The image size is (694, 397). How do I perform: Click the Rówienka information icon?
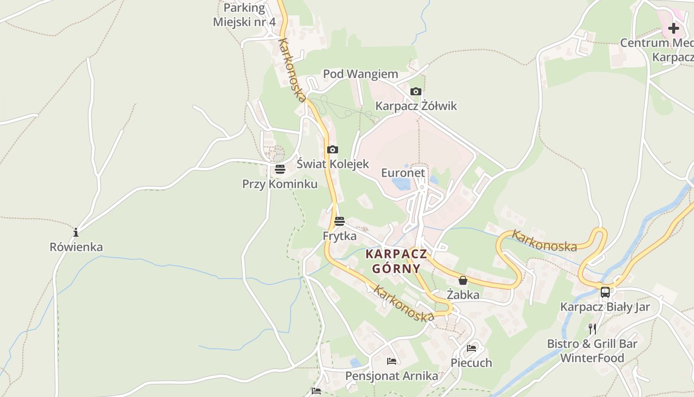pyautogui.click(x=76, y=232)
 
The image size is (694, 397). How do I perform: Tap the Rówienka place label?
pyautogui.click(x=76, y=247)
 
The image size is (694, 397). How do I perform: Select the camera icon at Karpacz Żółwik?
pyautogui.click(x=416, y=91)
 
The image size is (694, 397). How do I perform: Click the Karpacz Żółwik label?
pyautogui.click(x=416, y=106)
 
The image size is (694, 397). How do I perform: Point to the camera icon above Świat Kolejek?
pyautogui.click(x=333, y=149)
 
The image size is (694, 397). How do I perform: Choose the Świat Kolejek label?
pyautogui.click(x=333, y=164)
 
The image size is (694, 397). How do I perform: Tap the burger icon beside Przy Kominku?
pyautogui.click(x=280, y=169)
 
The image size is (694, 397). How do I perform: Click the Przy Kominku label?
pyautogui.click(x=280, y=184)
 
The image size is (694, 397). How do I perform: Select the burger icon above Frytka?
pyautogui.click(x=340, y=221)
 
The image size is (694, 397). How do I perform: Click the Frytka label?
pyautogui.click(x=340, y=236)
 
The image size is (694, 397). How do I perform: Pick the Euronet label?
pyautogui.click(x=403, y=173)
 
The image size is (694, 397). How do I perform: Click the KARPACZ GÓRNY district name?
pyautogui.click(x=396, y=262)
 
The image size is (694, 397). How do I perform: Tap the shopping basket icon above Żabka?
pyautogui.click(x=463, y=280)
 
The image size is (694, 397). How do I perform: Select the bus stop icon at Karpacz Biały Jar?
pyautogui.click(x=605, y=292)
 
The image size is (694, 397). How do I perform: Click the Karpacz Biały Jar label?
pyautogui.click(x=605, y=307)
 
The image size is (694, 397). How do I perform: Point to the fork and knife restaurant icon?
pyautogui.click(x=592, y=329)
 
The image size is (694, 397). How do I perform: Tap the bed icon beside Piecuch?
pyautogui.click(x=471, y=348)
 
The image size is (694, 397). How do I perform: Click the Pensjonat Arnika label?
pyautogui.click(x=392, y=376)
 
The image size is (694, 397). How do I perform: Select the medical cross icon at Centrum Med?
pyautogui.click(x=674, y=28)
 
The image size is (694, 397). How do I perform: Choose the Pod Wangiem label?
pyautogui.click(x=360, y=74)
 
